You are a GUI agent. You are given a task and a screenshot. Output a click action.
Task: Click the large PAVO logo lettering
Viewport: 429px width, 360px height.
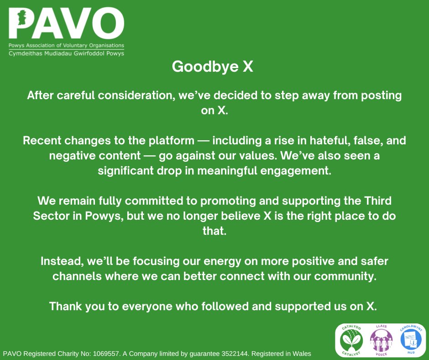(66, 24)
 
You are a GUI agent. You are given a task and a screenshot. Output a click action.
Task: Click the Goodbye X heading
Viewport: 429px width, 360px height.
(212, 67)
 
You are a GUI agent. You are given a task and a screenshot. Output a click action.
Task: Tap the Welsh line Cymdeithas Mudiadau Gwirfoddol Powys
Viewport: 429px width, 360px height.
(66, 53)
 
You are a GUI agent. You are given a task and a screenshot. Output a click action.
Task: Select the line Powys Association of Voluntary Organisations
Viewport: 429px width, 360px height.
(66, 46)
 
